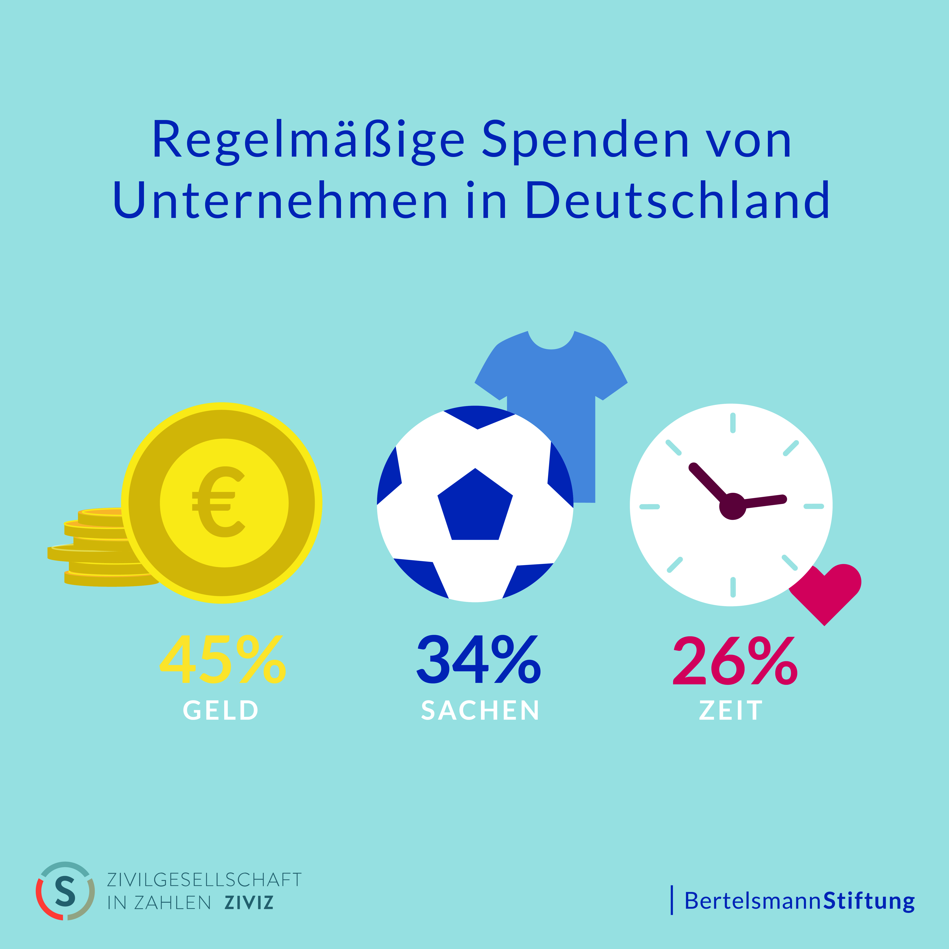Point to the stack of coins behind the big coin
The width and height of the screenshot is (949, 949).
(93, 548)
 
